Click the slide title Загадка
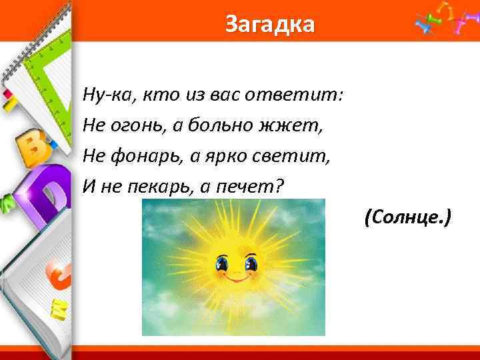click(269, 25)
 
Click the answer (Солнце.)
click(408, 216)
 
